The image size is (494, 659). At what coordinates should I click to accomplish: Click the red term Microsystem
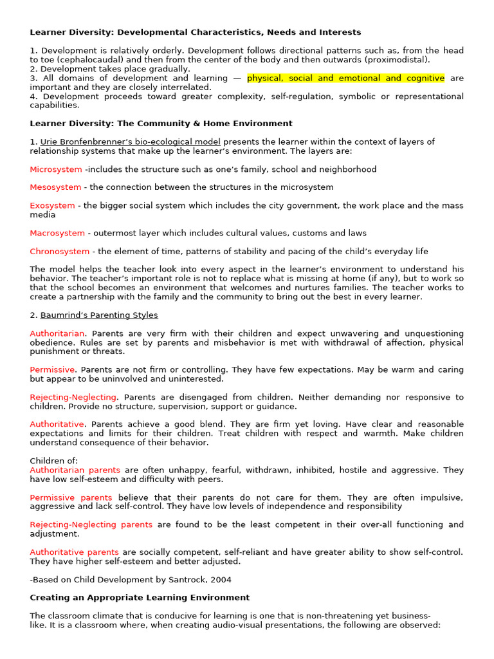click(x=56, y=169)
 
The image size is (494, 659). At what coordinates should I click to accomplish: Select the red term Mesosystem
click(x=55, y=187)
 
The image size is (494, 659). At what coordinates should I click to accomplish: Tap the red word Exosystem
click(x=52, y=206)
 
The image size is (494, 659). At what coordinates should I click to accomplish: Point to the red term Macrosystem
click(x=57, y=233)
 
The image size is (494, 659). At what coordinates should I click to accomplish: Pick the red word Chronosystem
click(x=60, y=252)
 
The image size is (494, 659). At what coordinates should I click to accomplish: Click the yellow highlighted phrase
click(x=345, y=79)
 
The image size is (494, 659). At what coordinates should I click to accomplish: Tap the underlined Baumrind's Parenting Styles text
click(x=99, y=315)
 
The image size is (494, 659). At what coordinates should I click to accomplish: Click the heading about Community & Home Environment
click(x=161, y=124)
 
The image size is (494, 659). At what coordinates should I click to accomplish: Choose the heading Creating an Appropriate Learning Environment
click(x=140, y=598)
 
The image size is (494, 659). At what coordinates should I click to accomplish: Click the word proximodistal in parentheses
click(x=392, y=60)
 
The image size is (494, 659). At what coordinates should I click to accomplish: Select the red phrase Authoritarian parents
click(x=75, y=470)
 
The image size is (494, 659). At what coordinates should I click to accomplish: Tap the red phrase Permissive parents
click(x=71, y=497)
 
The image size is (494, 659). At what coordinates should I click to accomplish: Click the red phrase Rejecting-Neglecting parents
click(x=91, y=524)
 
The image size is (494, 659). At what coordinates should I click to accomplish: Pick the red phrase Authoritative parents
click(x=74, y=552)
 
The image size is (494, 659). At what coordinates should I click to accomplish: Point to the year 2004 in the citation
click(x=219, y=580)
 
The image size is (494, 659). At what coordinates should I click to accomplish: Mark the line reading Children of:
click(x=54, y=461)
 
